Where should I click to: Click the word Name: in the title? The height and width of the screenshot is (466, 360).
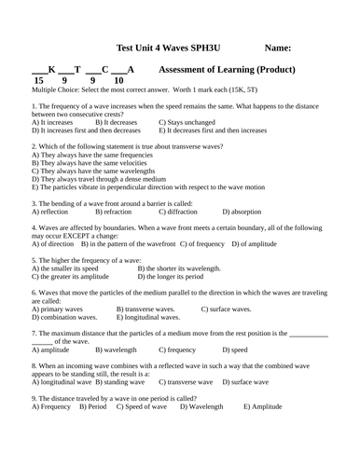click(279, 48)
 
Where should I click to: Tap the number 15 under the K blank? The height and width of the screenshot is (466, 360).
click(39, 81)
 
